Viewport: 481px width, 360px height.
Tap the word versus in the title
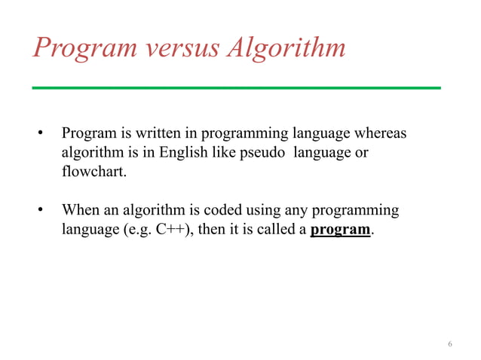185,48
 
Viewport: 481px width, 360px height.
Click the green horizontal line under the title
236,88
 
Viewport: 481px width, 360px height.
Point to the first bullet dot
42,135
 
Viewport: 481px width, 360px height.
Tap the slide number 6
450,345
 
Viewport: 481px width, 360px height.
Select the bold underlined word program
341,230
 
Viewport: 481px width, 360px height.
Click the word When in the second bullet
80,210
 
